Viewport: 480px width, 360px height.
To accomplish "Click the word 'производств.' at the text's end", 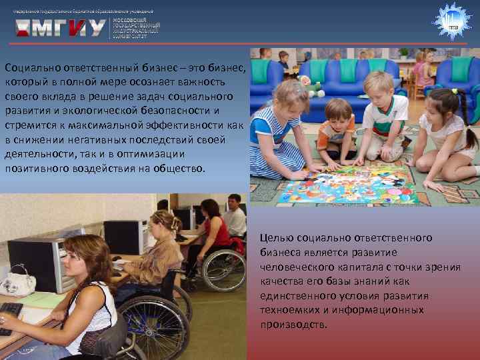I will [x=294, y=325].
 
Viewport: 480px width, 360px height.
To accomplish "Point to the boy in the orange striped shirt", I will [x=337, y=131].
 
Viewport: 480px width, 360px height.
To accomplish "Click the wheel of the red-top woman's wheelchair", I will [x=223, y=270].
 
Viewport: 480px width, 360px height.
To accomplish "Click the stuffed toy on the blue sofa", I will [x=310, y=85].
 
